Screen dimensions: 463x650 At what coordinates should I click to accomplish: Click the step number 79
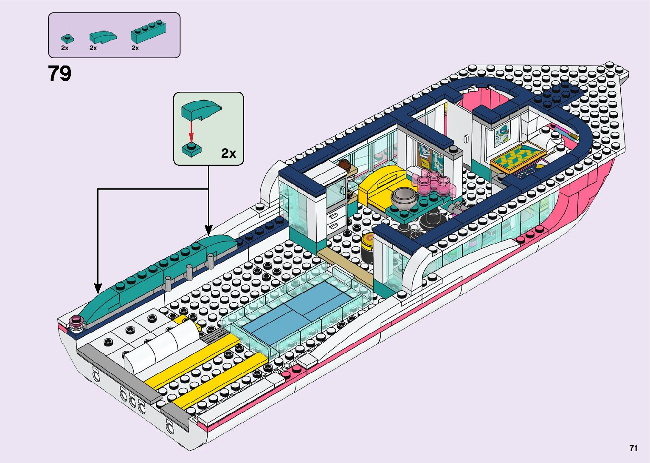click(x=59, y=74)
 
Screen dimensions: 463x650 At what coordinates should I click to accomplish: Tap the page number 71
click(x=633, y=448)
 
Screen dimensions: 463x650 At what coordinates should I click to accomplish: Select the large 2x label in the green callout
click(x=228, y=153)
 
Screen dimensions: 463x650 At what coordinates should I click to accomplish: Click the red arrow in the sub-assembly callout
click(x=191, y=131)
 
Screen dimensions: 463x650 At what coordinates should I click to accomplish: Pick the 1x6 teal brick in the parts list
click(x=148, y=32)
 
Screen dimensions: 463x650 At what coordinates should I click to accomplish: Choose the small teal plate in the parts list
click(x=66, y=39)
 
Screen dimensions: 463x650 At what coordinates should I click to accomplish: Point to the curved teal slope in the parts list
click(x=102, y=37)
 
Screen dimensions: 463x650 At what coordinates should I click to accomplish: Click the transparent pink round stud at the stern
click(x=77, y=323)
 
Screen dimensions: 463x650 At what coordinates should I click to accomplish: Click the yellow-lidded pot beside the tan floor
click(x=367, y=247)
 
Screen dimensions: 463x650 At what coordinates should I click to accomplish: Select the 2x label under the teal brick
click(x=135, y=48)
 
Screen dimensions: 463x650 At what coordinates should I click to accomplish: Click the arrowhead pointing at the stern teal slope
click(x=98, y=289)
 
